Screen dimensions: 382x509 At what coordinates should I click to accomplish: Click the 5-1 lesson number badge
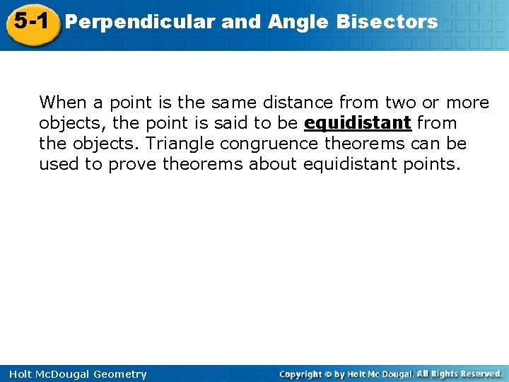point(30,22)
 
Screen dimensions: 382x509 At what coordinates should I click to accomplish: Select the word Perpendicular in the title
point(139,22)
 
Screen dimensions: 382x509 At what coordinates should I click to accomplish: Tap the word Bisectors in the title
point(387,22)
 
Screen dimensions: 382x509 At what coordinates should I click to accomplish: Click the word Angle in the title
point(298,22)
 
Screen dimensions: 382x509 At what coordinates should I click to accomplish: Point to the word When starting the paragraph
point(61,103)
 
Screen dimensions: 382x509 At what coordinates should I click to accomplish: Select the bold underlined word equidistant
point(358,123)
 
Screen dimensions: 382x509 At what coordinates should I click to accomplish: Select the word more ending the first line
point(467,103)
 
